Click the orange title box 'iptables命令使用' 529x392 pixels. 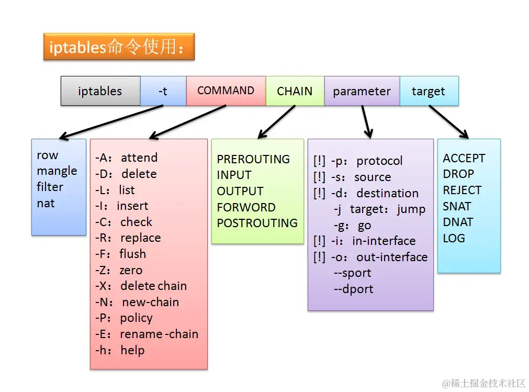click(x=119, y=47)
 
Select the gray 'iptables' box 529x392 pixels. click(x=100, y=91)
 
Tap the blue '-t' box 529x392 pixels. click(x=163, y=91)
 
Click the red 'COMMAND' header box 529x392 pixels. click(x=226, y=91)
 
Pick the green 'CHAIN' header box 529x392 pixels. click(x=295, y=91)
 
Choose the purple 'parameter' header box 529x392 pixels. click(x=362, y=91)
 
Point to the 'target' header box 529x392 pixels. click(x=429, y=91)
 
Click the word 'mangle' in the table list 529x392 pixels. click(x=57, y=171)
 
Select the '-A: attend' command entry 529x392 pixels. click(x=127, y=158)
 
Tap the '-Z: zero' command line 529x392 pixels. click(x=119, y=270)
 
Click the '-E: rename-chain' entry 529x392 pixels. click(x=147, y=334)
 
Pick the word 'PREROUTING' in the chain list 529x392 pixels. click(x=253, y=159)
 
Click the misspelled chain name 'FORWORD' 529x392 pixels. click(x=246, y=207)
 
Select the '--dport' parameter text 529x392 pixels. click(x=354, y=289)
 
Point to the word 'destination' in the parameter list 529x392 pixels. click(x=388, y=193)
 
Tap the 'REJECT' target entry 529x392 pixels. click(x=462, y=191)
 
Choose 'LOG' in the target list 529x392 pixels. click(x=454, y=238)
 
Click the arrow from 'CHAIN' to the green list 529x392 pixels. click(x=276, y=122)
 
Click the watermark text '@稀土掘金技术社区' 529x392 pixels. click(x=484, y=383)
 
